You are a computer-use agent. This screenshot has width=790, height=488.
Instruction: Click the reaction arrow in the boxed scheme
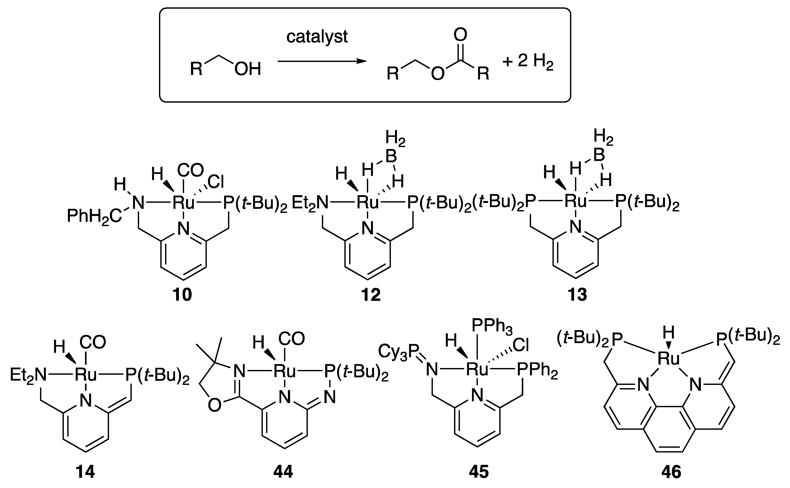(x=322, y=61)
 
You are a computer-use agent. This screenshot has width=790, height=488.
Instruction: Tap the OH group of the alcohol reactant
(x=247, y=69)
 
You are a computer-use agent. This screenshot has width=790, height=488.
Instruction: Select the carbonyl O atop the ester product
(x=460, y=35)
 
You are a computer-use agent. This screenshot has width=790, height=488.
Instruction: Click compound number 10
(x=182, y=295)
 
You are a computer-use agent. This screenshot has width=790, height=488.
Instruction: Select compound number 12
(x=371, y=295)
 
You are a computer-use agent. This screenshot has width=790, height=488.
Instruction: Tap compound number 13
(x=577, y=295)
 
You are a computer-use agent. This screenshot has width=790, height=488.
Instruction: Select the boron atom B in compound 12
(x=391, y=157)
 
